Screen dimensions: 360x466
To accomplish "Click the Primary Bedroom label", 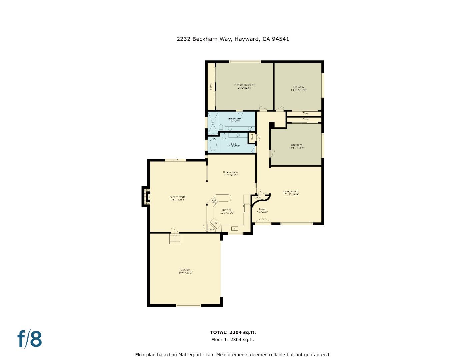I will coord(244,85).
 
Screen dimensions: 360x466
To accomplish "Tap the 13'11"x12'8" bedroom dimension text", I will coord(298,90).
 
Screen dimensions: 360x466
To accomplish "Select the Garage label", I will coord(185,270).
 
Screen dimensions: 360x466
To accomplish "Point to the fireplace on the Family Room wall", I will coord(146,197).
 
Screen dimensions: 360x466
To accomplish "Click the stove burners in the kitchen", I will coord(213,201).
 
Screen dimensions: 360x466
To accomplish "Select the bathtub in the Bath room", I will coord(213,145).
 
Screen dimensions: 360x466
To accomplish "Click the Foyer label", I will coord(262,209).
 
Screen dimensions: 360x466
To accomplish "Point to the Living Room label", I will coord(291,191).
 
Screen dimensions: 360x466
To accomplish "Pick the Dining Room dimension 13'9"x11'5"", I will coord(231,175).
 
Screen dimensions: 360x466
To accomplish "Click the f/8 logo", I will coord(30,339).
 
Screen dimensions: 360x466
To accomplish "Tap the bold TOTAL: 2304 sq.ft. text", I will coord(233,332).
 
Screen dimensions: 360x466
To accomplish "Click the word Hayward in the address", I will coord(247,39).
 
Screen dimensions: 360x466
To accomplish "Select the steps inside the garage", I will coord(175,239).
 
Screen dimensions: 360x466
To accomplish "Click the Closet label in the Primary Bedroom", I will coord(211,87).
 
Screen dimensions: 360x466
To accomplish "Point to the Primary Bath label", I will coord(234,119).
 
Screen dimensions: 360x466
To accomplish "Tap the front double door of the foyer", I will coord(262,221).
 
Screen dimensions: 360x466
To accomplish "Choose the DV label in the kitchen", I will coord(216,223).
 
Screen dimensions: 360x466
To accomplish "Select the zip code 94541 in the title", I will coord(280,39).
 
